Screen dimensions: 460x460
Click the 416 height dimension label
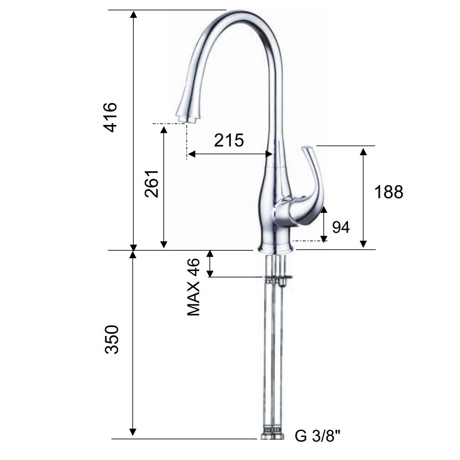[x=111, y=118]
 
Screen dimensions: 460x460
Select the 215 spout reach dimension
[x=229, y=140]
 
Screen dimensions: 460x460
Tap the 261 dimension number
[x=152, y=184]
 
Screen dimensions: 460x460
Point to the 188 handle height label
[x=388, y=192]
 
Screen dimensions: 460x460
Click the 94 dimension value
[x=341, y=227]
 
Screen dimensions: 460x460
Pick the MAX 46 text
[x=194, y=287]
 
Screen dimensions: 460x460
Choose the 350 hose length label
[x=112, y=339]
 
